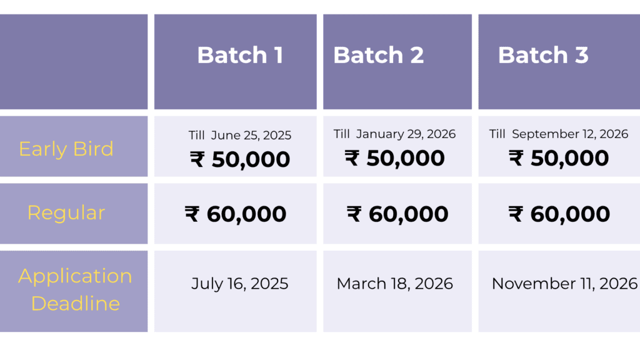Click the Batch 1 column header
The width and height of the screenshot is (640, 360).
(x=240, y=55)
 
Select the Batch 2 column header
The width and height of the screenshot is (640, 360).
(x=378, y=55)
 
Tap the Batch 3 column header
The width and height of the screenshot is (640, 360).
(x=543, y=55)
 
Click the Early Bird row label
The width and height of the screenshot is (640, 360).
(x=66, y=149)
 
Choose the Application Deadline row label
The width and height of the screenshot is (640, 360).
(x=75, y=290)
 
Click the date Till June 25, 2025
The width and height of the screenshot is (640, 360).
(x=240, y=136)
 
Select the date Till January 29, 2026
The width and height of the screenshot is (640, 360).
(x=394, y=134)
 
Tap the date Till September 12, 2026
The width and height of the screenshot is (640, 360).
(x=558, y=134)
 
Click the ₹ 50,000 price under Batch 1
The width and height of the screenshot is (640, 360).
(x=240, y=159)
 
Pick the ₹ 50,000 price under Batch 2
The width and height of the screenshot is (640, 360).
(x=394, y=158)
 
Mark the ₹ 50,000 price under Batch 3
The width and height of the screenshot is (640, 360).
(x=558, y=158)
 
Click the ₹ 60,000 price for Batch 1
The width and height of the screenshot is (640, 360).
(x=236, y=214)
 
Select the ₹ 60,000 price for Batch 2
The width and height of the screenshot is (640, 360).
(x=397, y=214)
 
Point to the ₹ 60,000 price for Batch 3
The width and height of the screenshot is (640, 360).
(x=559, y=214)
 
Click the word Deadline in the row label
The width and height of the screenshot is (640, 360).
(x=76, y=304)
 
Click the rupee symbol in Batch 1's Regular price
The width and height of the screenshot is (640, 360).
(x=192, y=214)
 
